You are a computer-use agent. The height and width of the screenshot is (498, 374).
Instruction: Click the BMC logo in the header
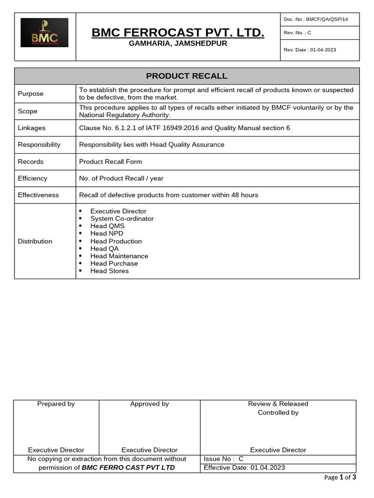[44, 33]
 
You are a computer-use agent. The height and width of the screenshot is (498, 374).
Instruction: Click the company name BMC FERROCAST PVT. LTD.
[178, 33]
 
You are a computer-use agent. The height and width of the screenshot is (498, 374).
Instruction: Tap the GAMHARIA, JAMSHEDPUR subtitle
[178, 44]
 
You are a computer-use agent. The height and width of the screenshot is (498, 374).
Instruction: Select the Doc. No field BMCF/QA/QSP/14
[316, 19]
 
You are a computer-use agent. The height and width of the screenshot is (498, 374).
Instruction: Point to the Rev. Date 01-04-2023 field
[310, 50]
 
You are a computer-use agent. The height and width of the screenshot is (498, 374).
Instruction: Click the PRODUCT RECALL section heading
[187, 76]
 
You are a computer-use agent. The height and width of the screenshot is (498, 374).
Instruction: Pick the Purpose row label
[31, 93]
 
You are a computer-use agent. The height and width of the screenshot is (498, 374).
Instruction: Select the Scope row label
[28, 111]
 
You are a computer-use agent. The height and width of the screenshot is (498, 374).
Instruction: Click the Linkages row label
[32, 128]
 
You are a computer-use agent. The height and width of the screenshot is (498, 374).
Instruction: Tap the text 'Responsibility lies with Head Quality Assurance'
[151, 144]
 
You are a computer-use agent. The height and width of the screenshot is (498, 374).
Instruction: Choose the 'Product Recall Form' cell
[111, 161]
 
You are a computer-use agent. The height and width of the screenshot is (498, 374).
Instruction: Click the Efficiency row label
[33, 178]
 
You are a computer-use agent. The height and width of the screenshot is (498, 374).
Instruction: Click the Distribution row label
[35, 241]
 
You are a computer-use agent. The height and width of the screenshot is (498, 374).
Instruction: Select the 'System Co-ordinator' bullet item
[122, 219]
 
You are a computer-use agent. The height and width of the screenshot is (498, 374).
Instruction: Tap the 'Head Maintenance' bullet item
[119, 256]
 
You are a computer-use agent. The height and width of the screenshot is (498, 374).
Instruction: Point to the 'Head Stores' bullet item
[110, 271]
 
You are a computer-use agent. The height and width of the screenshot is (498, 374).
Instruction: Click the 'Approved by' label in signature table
[150, 404]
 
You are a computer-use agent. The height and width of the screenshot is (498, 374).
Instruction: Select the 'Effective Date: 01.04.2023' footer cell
[244, 468]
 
